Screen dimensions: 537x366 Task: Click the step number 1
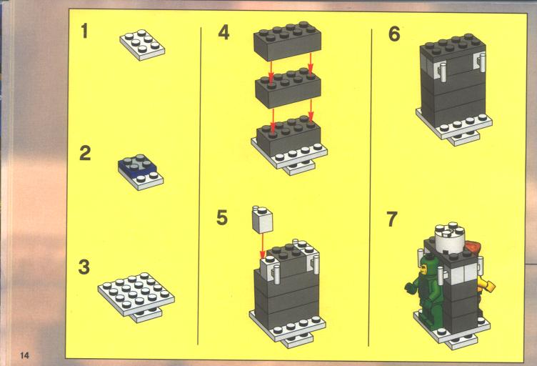pos(84,31)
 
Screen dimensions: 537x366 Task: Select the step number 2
pos(85,153)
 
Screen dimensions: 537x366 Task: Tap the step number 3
pos(84,267)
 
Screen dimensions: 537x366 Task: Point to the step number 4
pos(224,33)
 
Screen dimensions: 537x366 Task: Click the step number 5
pos(222,217)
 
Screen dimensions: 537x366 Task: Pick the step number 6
pos(394,34)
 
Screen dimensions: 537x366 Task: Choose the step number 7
pos(392,219)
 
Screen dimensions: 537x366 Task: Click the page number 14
pos(25,355)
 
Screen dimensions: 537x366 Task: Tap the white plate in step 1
pos(142,45)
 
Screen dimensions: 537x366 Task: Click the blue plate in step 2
pos(137,166)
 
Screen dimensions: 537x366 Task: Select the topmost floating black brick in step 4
pos(287,41)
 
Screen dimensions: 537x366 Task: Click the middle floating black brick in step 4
pos(288,88)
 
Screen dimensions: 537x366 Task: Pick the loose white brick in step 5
pos(262,219)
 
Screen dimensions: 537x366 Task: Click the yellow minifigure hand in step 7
pos(489,286)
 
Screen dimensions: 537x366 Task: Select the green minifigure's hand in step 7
pos(410,287)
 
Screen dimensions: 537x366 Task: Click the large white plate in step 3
pos(136,294)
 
